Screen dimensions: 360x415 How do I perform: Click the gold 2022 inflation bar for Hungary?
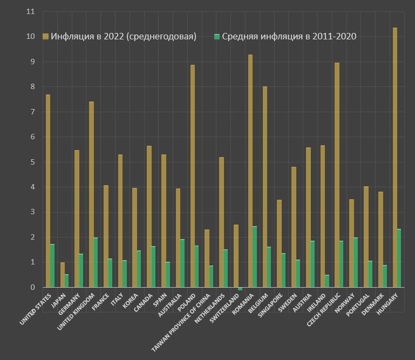[x=395, y=157]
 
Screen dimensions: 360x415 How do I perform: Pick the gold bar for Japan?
[x=63, y=275]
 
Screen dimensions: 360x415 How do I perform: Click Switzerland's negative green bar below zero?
[x=240, y=289]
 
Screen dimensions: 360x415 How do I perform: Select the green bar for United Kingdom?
[x=96, y=262]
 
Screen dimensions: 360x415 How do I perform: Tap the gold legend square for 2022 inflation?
[x=46, y=37]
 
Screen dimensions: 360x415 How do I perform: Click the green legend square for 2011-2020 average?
[x=217, y=37]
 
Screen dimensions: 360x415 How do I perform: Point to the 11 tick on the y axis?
[x=30, y=11]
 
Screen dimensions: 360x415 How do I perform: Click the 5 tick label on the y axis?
[x=32, y=162]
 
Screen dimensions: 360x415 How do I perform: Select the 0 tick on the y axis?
[x=32, y=288]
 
